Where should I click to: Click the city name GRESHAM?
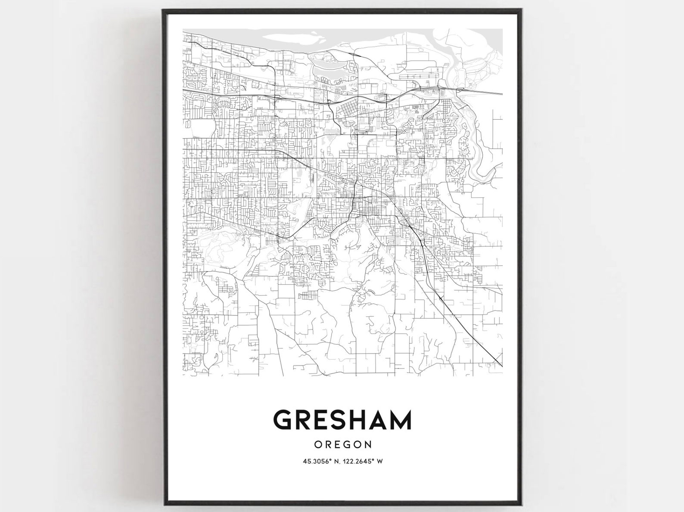342,420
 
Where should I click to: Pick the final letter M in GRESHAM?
400,420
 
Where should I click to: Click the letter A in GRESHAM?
377,420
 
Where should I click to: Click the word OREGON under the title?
342,444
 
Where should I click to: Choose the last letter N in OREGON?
367,444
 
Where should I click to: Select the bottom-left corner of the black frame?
164,502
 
